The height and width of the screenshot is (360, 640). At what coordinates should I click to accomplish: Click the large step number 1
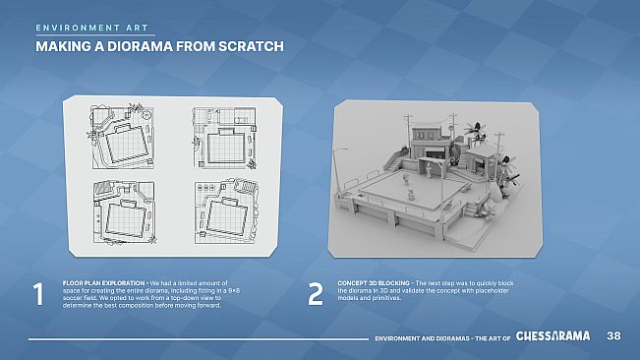point(37,294)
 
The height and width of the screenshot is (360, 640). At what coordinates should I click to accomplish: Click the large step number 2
point(315,294)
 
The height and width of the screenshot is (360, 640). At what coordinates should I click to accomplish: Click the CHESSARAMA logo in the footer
point(553,335)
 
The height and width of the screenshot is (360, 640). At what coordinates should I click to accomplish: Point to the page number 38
point(613,336)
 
